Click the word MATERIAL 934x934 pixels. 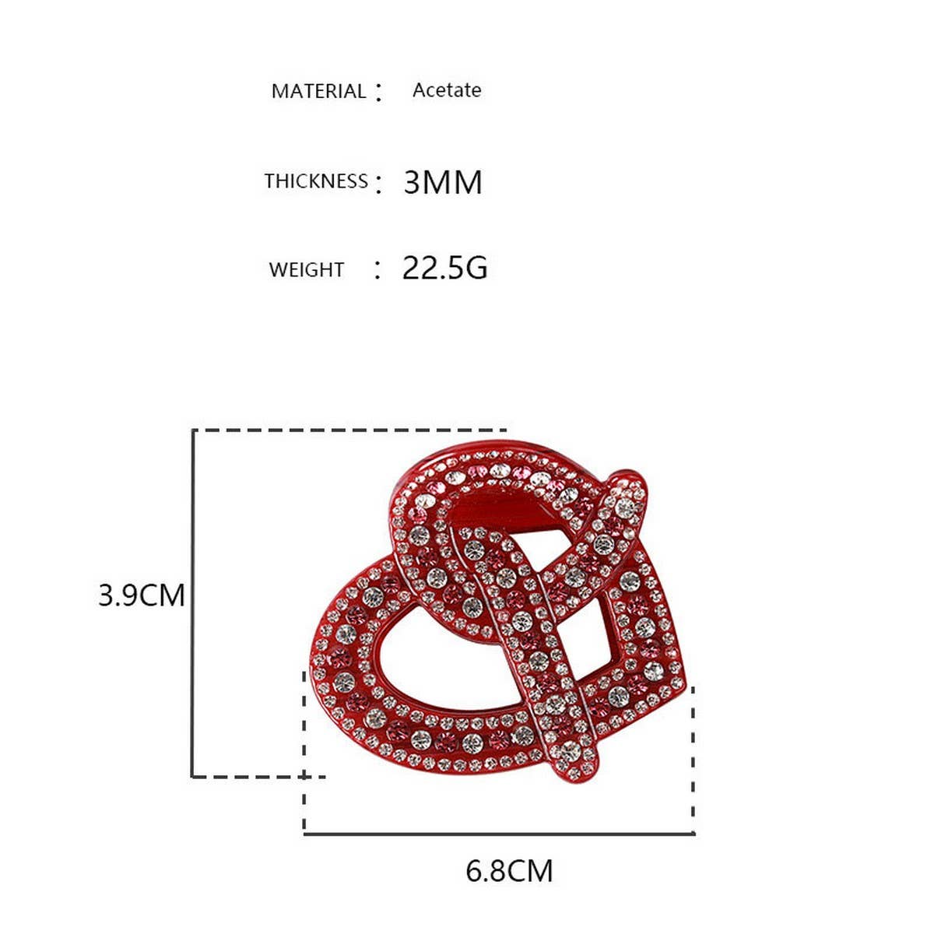click(318, 91)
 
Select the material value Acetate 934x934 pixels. click(446, 90)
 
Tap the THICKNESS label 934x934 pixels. click(315, 181)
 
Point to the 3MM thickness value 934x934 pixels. click(443, 183)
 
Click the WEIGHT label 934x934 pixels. click(306, 270)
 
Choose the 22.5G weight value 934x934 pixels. click(444, 268)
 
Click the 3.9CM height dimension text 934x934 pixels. click(142, 595)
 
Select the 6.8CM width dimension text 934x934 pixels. click(509, 870)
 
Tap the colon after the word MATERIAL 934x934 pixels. click(379, 93)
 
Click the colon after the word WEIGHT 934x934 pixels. click(377, 270)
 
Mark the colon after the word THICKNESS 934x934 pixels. click(379, 184)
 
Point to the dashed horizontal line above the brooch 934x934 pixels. click(350, 430)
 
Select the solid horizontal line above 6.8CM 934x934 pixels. click(498, 834)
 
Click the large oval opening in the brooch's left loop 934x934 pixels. click(436, 662)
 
